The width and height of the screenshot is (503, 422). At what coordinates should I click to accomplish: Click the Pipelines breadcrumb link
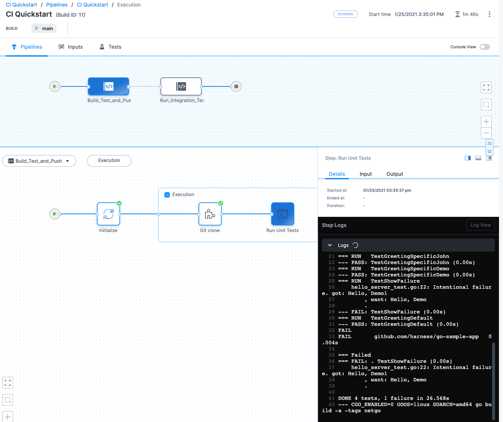click(x=57, y=5)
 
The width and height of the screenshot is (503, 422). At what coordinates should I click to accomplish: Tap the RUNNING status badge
click(x=345, y=14)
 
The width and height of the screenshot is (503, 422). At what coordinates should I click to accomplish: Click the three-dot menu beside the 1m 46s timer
click(x=489, y=14)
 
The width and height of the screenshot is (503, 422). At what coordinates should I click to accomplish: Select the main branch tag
click(x=44, y=28)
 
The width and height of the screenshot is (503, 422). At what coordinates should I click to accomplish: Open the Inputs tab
click(x=71, y=47)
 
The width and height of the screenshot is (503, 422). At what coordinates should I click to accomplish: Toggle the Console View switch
click(x=484, y=47)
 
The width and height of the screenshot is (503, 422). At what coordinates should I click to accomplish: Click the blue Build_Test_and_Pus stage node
click(x=109, y=86)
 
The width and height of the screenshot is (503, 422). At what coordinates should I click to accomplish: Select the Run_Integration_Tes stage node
click(x=181, y=86)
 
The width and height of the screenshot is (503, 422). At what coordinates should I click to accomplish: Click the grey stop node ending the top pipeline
click(x=236, y=86)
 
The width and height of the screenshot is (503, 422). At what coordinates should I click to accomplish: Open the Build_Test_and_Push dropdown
click(x=39, y=161)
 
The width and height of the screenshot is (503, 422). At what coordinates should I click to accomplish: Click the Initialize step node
click(x=109, y=214)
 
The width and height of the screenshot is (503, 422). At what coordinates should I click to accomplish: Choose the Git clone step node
click(x=210, y=214)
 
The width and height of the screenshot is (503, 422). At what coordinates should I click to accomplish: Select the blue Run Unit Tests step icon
click(x=283, y=214)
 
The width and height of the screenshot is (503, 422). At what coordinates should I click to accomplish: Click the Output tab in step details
click(x=394, y=174)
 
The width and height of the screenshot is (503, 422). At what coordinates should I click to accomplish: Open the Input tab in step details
click(x=365, y=174)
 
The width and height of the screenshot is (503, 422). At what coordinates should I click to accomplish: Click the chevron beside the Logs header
click(x=330, y=245)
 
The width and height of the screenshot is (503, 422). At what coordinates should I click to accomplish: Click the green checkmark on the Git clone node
click(x=221, y=203)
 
